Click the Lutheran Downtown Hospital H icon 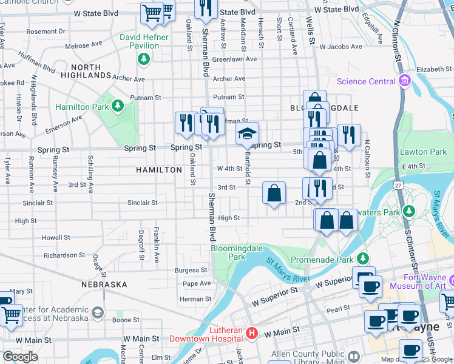[x=252, y=333]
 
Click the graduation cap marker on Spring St [x=247, y=133]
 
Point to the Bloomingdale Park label [x=228, y=252]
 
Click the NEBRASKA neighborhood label [x=104, y=284]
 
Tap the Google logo [x=20, y=356]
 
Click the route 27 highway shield [x=398, y=184]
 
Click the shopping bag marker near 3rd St [x=274, y=193]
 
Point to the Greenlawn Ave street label [x=235, y=59]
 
